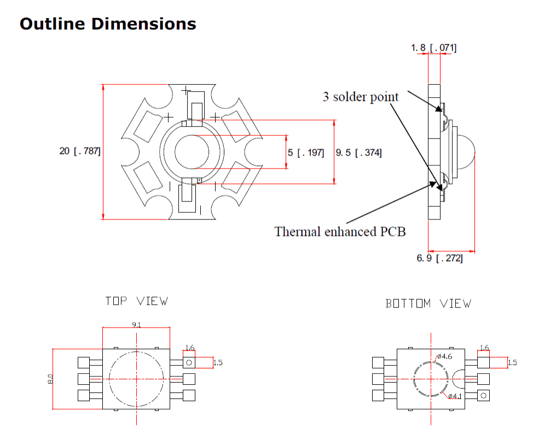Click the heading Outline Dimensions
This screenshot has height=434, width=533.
108,24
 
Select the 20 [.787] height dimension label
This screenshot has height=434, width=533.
80,151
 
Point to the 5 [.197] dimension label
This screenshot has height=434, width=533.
306,152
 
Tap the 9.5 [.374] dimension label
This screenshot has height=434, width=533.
359,152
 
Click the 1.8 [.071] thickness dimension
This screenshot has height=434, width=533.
433,48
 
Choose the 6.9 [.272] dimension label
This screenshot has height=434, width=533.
439,258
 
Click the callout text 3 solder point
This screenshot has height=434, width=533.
361,97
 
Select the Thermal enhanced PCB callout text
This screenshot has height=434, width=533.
340,231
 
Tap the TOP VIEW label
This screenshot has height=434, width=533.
136,301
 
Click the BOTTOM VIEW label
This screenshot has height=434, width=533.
428,303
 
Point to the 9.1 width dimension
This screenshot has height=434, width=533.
136,325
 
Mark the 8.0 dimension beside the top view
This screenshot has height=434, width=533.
50,379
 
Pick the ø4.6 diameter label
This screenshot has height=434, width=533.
444,357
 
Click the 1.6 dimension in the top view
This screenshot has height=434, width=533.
190,348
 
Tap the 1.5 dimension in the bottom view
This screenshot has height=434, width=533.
512,362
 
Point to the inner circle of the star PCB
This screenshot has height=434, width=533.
190,152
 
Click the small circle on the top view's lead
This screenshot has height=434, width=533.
189,362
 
